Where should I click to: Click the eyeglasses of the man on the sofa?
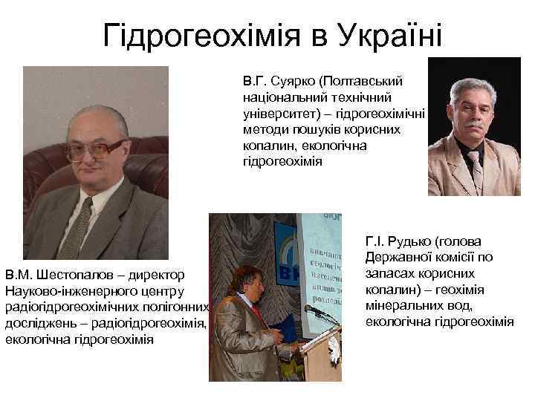coord(94,147)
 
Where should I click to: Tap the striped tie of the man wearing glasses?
coord(76,226)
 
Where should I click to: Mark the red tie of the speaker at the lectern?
coord(256,311)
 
